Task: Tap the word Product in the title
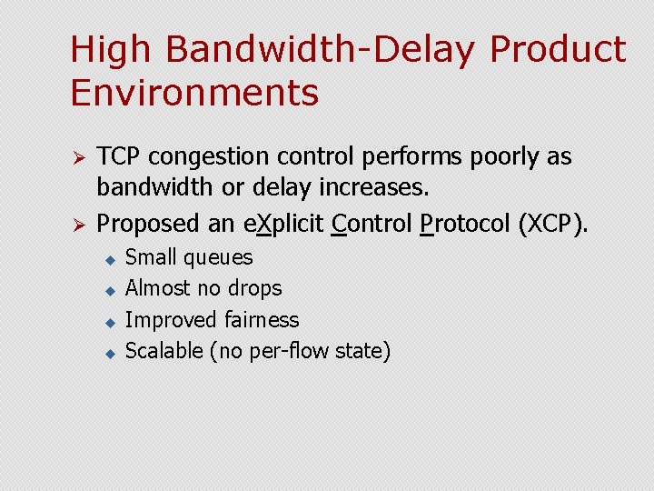click(x=558, y=51)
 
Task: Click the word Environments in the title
click(x=194, y=94)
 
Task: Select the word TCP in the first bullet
click(x=118, y=157)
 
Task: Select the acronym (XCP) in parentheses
click(x=552, y=223)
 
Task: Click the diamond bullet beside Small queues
click(x=107, y=259)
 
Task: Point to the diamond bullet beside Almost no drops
click(x=107, y=291)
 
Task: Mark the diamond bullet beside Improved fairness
click(x=107, y=322)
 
